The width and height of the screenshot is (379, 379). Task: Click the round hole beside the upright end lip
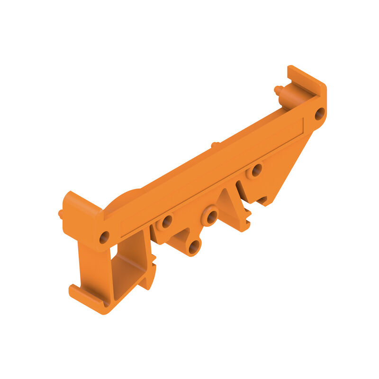coord(320,114)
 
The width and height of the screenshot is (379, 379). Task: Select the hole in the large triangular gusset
coord(256,170)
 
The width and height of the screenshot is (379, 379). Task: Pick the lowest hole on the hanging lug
coord(194,247)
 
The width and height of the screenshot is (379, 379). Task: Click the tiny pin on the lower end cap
coord(61,214)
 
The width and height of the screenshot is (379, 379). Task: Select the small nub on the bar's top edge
coord(215,144)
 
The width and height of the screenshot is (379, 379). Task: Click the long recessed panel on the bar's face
coord(213,175)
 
